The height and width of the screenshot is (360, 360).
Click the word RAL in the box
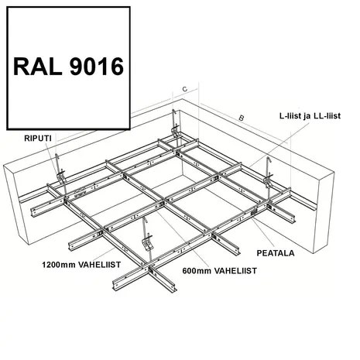37,67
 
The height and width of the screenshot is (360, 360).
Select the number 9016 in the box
97,67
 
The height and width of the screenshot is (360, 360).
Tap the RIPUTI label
38,139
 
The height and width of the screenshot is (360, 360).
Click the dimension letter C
185,89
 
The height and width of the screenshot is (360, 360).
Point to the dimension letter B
242,118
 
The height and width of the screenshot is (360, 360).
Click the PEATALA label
276,253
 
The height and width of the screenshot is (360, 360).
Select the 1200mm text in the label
59,265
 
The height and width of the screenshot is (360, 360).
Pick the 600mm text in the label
197,271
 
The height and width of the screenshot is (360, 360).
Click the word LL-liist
327,116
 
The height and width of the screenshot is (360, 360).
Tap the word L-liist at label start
290,116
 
